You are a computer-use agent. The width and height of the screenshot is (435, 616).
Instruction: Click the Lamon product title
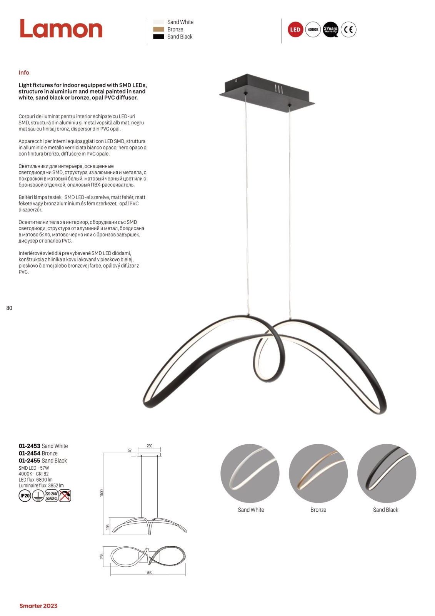tap(61, 29)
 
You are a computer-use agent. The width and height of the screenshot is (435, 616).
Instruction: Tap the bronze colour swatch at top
tap(158, 29)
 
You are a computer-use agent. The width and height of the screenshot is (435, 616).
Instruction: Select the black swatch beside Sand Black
tap(158, 37)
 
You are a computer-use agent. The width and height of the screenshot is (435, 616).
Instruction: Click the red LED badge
tap(295, 30)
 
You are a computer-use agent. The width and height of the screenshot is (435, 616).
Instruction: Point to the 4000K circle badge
tap(313, 30)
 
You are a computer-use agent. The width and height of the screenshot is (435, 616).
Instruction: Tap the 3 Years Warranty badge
tap(330, 30)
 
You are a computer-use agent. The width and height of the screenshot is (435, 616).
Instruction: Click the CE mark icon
tap(348, 30)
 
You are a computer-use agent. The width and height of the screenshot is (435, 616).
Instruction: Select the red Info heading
tap(24, 72)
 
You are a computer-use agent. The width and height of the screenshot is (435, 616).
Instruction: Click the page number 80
tap(9, 308)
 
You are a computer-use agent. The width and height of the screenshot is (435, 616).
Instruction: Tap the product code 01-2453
tap(29, 446)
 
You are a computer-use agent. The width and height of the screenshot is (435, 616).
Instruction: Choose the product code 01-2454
tap(29, 453)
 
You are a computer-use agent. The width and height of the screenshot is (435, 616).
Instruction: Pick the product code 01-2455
tap(29, 460)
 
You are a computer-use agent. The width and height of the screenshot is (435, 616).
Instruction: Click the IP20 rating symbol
tap(25, 495)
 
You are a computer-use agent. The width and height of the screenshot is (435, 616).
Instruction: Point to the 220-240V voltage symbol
tap(52, 496)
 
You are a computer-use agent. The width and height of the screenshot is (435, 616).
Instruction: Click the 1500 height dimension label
tap(102, 493)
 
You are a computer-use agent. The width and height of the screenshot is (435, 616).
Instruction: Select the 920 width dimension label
tap(150, 572)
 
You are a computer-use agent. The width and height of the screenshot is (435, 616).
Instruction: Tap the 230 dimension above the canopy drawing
tap(150, 446)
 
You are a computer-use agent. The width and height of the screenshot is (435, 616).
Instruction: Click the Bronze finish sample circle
tap(318, 474)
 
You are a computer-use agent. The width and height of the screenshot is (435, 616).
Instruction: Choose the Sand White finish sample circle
tap(250, 474)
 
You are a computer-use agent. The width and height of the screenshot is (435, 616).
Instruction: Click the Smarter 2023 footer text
tap(38, 606)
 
